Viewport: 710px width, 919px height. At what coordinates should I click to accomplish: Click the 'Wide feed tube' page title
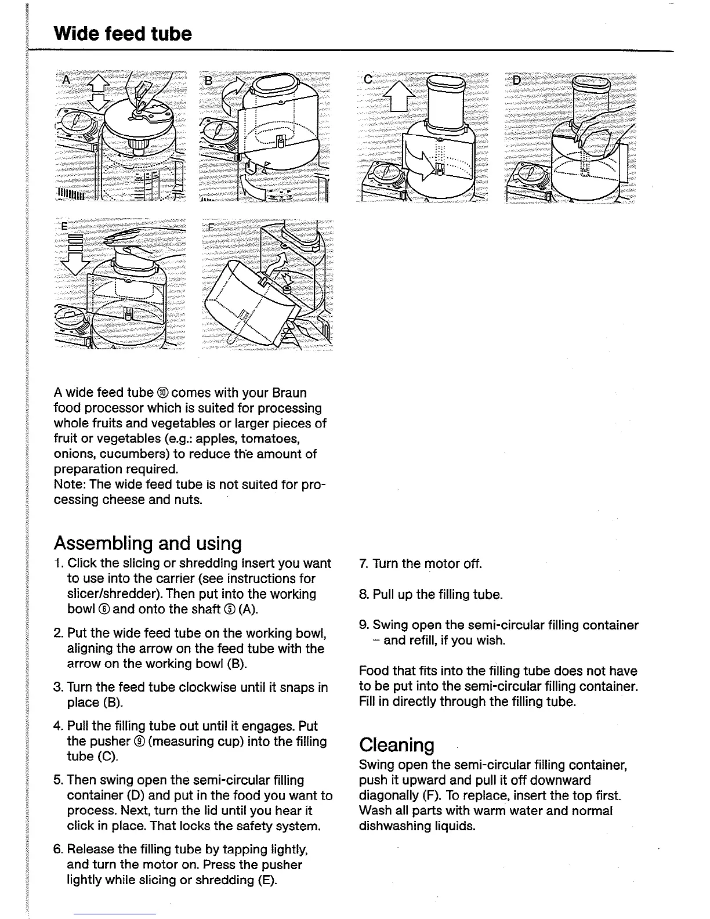pyautogui.click(x=122, y=34)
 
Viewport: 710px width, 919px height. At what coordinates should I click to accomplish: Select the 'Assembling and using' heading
pyautogui.click(x=147, y=544)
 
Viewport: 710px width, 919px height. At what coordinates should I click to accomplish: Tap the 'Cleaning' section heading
pyautogui.click(x=397, y=745)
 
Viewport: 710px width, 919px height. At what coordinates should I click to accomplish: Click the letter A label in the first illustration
pyautogui.click(x=66, y=79)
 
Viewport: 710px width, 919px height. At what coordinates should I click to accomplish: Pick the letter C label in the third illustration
pyautogui.click(x=367, y=79)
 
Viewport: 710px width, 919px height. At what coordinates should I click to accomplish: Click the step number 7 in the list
pyautogui.click(x=364, y=564)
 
